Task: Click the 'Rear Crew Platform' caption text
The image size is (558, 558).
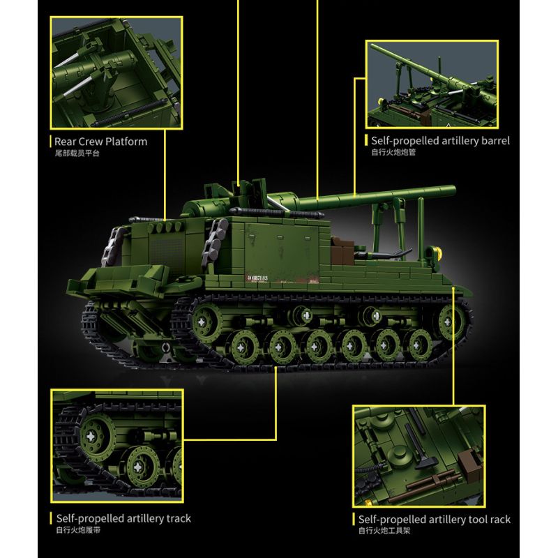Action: [x=100, y=142]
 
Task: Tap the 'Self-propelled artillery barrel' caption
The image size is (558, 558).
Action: [x=440, y=141]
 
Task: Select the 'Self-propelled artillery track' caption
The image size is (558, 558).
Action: [x=123, y=518]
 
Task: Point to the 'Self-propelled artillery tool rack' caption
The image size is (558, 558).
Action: [x=434, y=520]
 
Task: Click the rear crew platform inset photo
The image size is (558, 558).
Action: [x=116, y=73]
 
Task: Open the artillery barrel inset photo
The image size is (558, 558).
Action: [x=432, y=84]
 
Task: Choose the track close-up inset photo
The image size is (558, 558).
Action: [x=117, y=446]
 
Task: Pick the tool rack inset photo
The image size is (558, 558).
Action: [x=419, y=456]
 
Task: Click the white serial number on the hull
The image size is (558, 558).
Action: [x=256, y=278]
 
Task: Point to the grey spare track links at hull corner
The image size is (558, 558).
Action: [x=215, y=243]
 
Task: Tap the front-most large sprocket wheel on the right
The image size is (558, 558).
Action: [x=451, y=322]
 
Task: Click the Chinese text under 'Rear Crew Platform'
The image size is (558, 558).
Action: [x=77, y=153]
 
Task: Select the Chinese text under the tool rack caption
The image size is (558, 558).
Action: [x=384, y=531]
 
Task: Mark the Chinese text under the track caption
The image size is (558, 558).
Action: [x=78, y=530]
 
